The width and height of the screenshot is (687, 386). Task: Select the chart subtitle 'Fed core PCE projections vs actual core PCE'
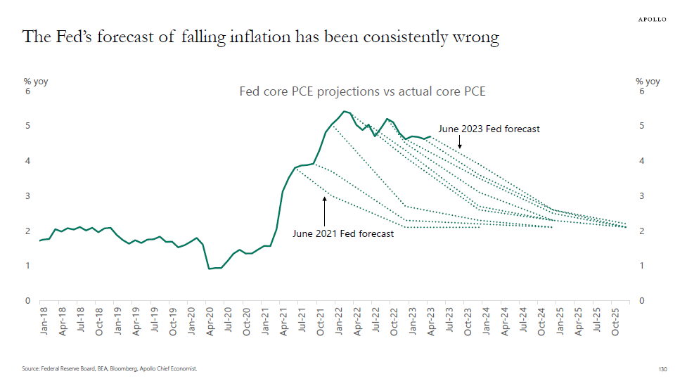click(x=362, y=91)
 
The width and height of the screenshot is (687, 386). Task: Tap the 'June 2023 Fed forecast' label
click(x=489, y=129)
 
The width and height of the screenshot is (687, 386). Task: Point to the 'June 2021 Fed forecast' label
click(x=343, y=233)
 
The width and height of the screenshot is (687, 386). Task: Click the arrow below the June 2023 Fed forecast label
click(x=459, y=142)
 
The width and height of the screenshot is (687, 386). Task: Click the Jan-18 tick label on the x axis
click(x=44, y=321)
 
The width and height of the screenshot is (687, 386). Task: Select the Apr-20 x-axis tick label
click(x=210, y=321)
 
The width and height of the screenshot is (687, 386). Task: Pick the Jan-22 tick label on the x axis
click(x=339, y=321)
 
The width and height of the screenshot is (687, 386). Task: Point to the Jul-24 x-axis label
click(x=523, y=321)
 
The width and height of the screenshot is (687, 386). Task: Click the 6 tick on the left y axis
click(x=27, y=91)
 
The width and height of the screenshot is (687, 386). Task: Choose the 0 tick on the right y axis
click(x=641, y=301)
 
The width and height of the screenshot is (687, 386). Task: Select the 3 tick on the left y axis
click(x=27, y=196)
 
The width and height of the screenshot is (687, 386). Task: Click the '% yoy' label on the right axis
click(x=648, y=82)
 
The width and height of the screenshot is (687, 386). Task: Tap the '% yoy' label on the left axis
click(x=36, y=82)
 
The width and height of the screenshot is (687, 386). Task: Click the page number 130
click(x=661, y=368)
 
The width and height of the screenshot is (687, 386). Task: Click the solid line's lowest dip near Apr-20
click(x=210, y=269)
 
